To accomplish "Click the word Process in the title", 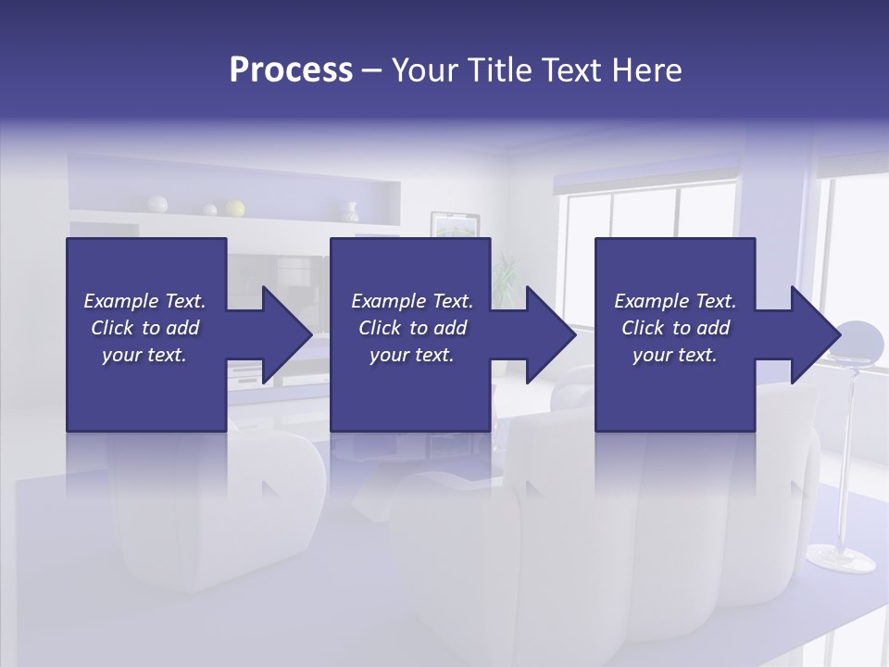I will pos(291,70).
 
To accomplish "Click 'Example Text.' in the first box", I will pos(144,301).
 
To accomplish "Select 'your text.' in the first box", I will pos(144,355).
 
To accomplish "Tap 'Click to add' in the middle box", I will pos(412,328).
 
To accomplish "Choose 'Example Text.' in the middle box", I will pos(412,301).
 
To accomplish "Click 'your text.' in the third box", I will pos(675,355).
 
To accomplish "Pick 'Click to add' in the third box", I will pos(675,328).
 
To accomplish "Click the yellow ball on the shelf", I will pos(235,208).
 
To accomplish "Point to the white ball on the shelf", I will pos(158,204).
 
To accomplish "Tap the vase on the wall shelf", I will pos(350,212).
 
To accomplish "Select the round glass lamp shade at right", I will pos(859,341).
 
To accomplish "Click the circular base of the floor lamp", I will pos(840,558).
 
